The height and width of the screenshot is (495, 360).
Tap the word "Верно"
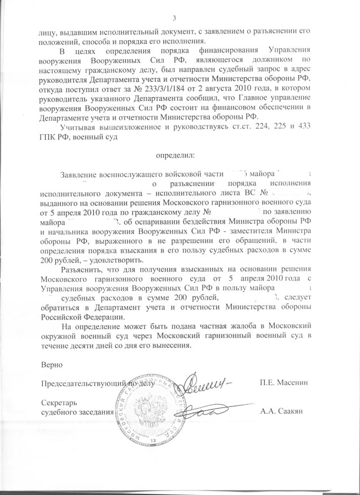[x=51, y=366]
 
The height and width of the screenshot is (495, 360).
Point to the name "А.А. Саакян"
[x=283, y=412]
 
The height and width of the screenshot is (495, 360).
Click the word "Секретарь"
[x=60, y=403]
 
